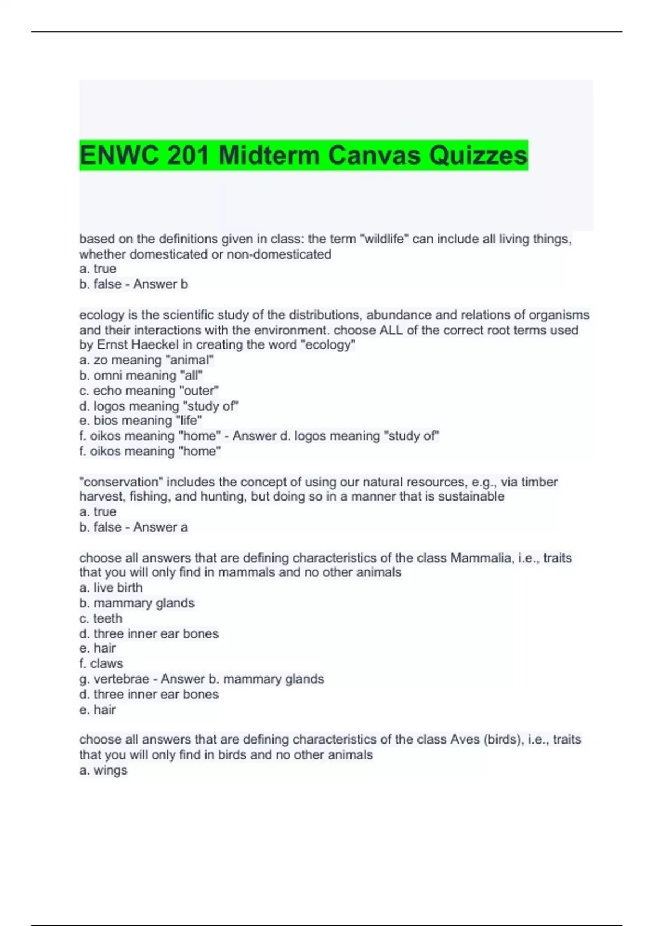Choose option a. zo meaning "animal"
[146, 360]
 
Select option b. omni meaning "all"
[141, 375]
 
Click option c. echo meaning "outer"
[149, 391]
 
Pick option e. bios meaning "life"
[140, 421]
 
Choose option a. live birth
[111, 588]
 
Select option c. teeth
[101, 618]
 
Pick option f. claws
[101, 663]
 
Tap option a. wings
[103, 770]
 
